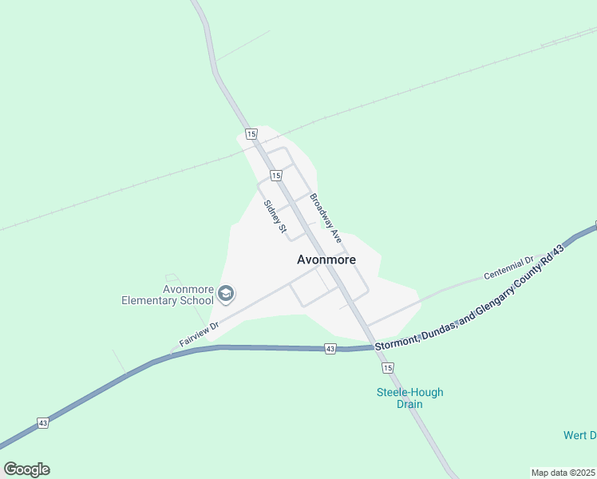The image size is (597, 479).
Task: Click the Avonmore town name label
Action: [326, 259]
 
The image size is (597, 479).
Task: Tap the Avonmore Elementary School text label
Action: [167, 295]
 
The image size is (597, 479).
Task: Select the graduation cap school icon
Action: [226, 295]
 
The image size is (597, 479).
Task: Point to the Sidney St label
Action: [275, 216]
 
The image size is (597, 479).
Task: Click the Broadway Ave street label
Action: [326, 219]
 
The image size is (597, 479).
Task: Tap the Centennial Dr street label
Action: [508, 268]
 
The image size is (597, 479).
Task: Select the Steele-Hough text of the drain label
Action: [409, 392]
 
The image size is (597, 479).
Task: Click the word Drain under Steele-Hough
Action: [409, 404]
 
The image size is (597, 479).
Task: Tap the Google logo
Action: [26, 469]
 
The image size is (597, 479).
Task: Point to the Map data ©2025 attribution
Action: [563, 473]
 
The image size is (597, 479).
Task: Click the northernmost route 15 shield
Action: [251, 133]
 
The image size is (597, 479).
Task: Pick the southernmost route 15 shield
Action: [388, 367]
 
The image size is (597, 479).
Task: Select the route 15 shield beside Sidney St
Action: [275, 175]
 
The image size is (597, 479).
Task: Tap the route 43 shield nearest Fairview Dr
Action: [330, 349]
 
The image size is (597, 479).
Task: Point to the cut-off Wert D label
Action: [580, 435]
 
